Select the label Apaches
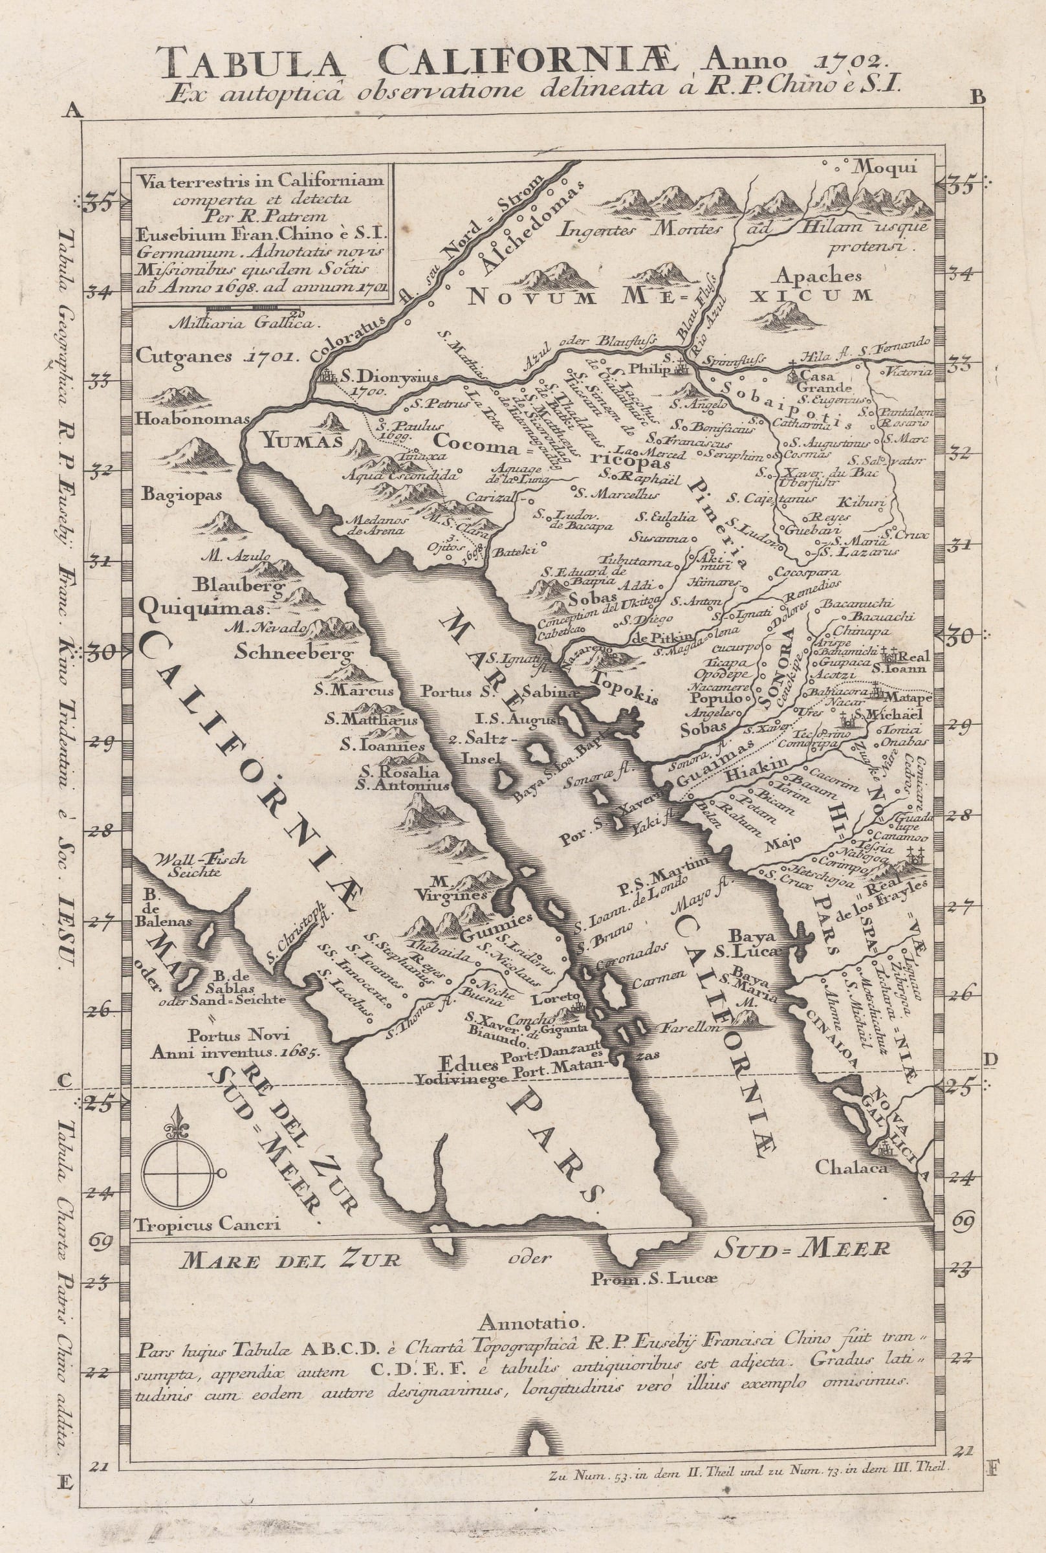(818, 276)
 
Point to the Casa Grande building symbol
(793, 374)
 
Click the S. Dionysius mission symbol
(327, 377)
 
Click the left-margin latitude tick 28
(101, 832)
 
